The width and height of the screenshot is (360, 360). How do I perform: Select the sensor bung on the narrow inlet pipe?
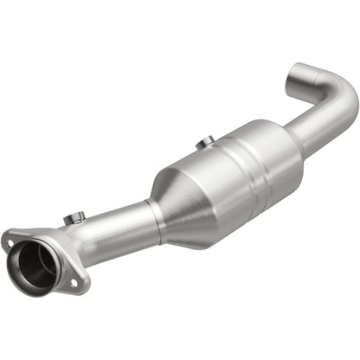click(x=74, y=217)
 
